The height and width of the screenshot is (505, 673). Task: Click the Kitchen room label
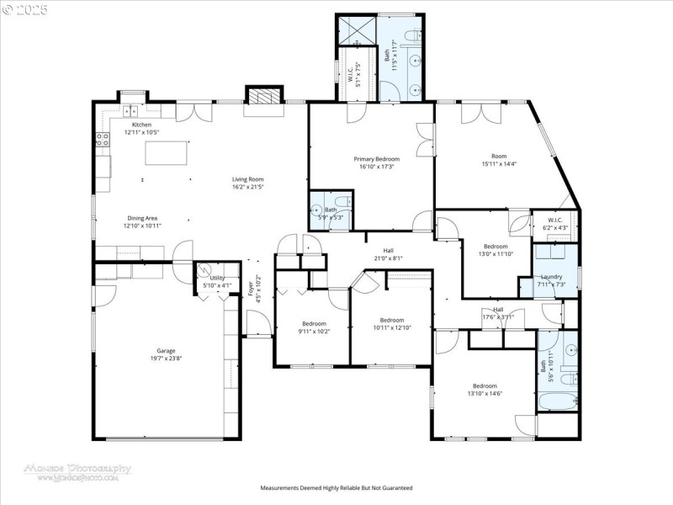(x=141, y=125)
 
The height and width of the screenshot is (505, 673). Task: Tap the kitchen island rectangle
(x=163, y=153)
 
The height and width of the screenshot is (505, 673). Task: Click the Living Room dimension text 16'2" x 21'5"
(x=248, y=187)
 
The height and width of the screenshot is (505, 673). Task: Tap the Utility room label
(x=217, y=278)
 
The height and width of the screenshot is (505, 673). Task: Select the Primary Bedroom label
(x=376, y=159)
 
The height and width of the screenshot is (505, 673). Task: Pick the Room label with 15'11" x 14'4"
(x=499, y=156)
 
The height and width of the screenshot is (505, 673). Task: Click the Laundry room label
(x=551, y=276)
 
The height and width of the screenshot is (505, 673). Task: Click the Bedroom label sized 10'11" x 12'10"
(x=392, y=320)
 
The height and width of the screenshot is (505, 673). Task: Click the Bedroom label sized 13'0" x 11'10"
(x=495, y=247)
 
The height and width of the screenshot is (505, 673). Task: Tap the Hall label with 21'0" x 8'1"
(x=389, y=250)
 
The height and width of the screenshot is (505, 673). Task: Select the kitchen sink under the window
(x=131, y=110)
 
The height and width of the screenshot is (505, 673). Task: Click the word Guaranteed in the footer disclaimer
(x=395, y=487)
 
